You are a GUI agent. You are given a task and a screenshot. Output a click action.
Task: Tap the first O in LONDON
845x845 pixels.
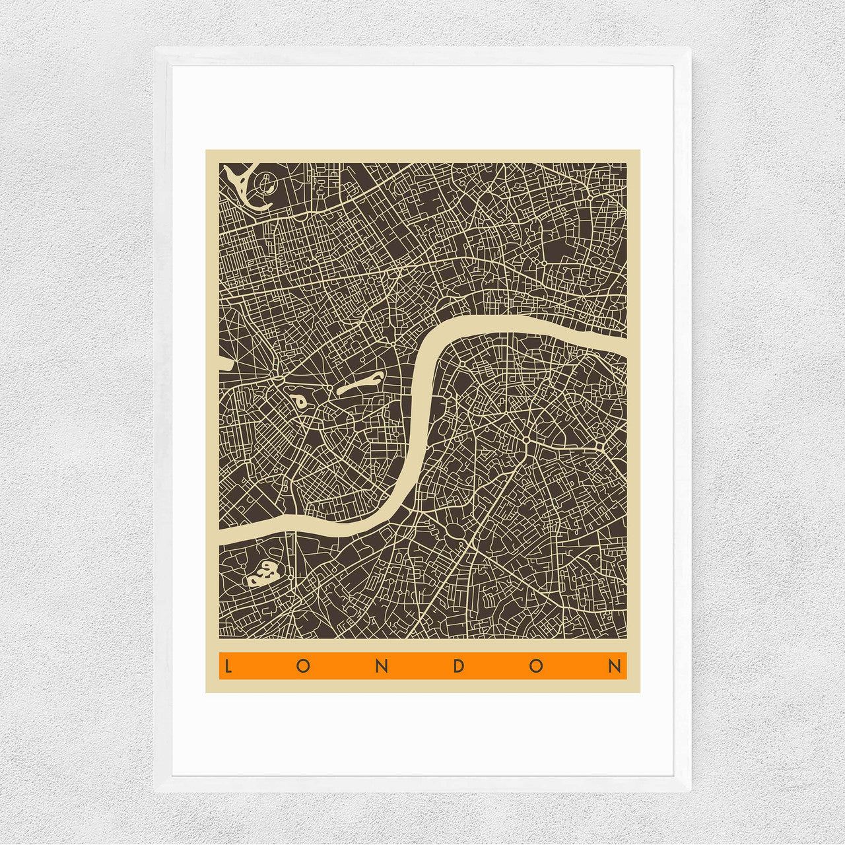[x=303, y=666]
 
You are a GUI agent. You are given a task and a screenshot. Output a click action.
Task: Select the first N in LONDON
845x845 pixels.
[x=381, y=666]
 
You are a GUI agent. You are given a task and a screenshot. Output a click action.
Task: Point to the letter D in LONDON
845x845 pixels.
[x=459, y=666]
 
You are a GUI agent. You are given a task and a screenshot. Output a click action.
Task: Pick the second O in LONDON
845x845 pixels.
[x=536, y=666]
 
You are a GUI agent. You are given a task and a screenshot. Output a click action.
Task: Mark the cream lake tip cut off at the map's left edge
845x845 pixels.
[x=223, y=362]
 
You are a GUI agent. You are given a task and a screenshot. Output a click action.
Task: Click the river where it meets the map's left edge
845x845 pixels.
[x=224, y=534]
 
